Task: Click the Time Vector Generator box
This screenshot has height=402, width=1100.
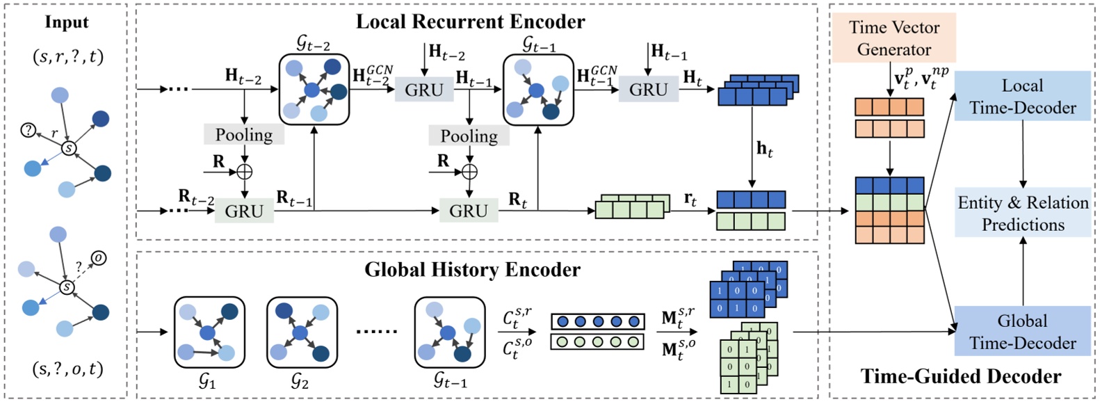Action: tap(893, 38)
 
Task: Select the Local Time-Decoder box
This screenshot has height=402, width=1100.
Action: tap(1022, 96)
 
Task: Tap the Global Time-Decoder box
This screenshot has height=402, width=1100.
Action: tap(1022, 331)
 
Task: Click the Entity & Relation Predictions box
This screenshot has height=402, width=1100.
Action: tap(1022, 213)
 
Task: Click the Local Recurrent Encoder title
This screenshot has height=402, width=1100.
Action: tap(470, 22)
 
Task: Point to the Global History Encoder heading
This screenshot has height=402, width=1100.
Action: tap(472, 270)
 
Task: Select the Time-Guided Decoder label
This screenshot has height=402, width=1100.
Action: tap(960, 376)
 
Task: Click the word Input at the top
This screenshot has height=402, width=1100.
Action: tap(67, 22)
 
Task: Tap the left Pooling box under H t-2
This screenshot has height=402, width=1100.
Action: tap(244, 134)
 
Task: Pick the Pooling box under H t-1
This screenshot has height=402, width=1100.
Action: tap(469, 136)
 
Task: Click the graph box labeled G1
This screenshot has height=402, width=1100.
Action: tap(209, 332)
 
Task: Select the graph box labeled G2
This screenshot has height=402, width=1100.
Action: tap(302, 332)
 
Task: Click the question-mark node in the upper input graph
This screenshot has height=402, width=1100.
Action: tap(28, 130)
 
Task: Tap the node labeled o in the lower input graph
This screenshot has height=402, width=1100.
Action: tap(99, 258)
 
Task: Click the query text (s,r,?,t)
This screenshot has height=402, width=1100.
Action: tap(68, 56)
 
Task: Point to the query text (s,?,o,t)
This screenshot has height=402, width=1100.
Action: tap(67, 369)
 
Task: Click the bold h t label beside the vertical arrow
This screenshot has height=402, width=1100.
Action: tap(764, 149)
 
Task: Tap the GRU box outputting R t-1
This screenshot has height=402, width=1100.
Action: tap(244, 211)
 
